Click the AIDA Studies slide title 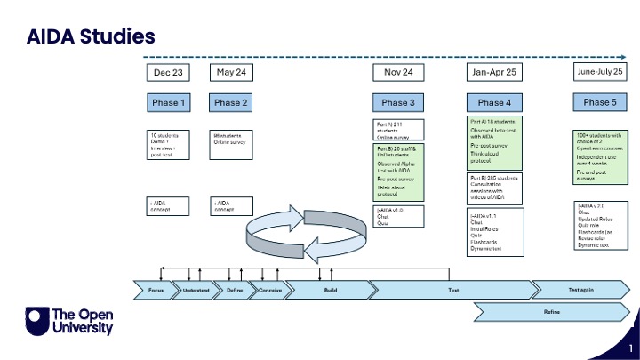click(x=91, y=36)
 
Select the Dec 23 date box click(x=169, y=72)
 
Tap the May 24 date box click(x=231, y=72)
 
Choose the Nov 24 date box click(x=397, y=72)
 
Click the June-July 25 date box click(x=600, y=72)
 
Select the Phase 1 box click(x=169, y=103)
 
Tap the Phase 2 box click(x=231, y=103)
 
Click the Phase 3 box click(x=397, y=103)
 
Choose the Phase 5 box click(x=600, y=103)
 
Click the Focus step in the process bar click(x=156, y=290)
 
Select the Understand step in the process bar click(x=196, y=290)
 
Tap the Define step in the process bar click(x=235, y=290)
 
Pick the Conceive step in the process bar click(x=270, y=290)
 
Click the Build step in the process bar click(x=329, y=290)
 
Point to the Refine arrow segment click(x=551, y=312)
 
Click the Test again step click(x=580, y=290)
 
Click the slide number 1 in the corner click(x=629, y=348)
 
